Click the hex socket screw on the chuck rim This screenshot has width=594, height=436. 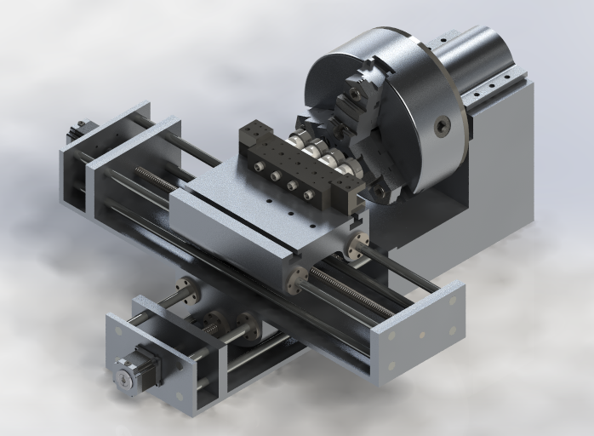441,127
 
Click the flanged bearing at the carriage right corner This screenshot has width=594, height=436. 358,245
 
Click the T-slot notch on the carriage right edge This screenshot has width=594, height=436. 356,220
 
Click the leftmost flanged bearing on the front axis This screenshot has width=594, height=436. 186,292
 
